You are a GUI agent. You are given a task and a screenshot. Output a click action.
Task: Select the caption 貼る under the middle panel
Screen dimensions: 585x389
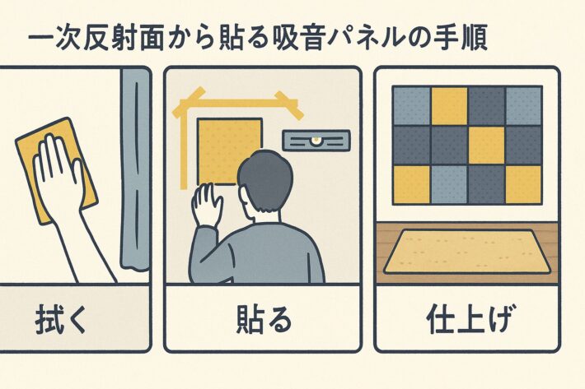pos(264,319)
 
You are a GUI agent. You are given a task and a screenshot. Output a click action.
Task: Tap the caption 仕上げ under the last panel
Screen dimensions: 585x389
pos(468,319)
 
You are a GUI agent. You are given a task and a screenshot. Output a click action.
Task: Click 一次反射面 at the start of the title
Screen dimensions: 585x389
pos(96,38)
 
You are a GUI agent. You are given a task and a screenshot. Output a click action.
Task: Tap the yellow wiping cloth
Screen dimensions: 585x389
pos(57,170)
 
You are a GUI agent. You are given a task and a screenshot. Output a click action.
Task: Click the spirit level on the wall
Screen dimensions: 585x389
pos(316,140)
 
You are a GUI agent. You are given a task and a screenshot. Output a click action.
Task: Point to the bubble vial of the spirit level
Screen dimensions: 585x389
pos(316,140)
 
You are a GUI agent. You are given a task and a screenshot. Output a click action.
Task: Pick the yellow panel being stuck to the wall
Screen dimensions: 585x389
pos(229,151)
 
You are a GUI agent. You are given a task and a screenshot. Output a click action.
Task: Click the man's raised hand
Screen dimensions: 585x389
pos(206,204)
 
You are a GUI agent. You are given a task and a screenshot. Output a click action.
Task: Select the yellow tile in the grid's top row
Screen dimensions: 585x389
pos(449,106)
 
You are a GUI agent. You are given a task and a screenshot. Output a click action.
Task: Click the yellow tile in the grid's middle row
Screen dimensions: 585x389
pos(486,146)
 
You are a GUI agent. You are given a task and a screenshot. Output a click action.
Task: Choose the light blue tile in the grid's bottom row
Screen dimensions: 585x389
pos(449,184)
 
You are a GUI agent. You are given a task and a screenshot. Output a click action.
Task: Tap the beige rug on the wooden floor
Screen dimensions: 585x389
pos(467,252)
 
